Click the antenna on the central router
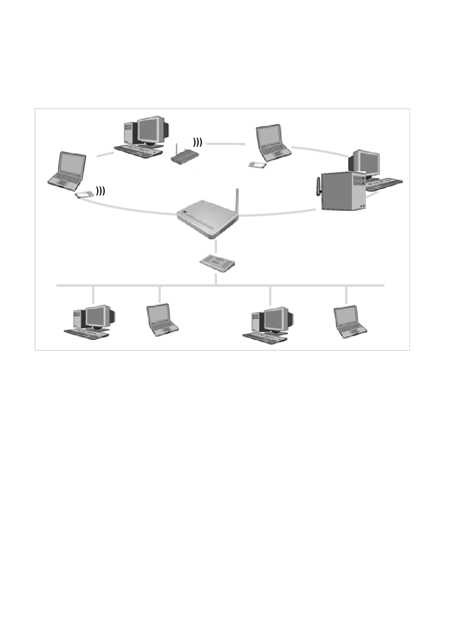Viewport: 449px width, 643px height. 237,201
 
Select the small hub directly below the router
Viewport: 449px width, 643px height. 217,263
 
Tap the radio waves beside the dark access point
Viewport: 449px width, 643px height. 197,142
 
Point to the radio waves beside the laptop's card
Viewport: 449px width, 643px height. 100,191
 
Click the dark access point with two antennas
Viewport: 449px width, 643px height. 182,156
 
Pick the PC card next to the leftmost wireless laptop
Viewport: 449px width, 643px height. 83,194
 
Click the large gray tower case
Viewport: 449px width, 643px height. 341,192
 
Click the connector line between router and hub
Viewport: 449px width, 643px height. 216,246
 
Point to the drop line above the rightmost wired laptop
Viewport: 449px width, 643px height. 346,295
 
